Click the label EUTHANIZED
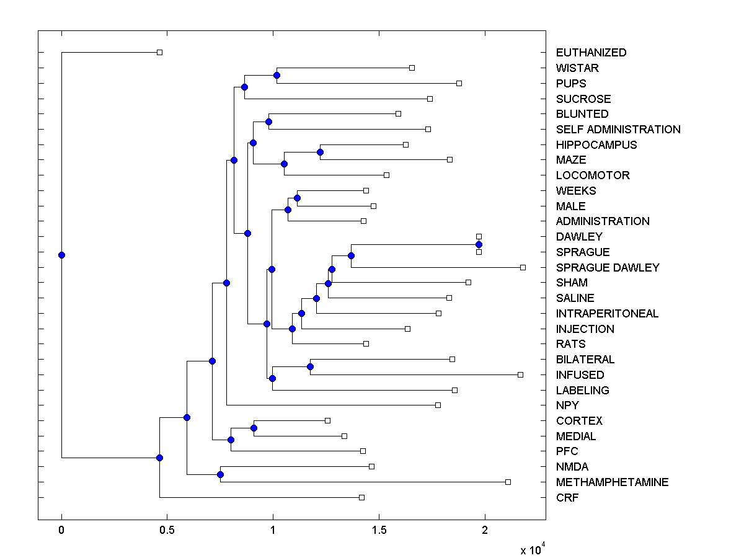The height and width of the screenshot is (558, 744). pos(591,53)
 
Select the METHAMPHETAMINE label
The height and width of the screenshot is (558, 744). pos(612,482)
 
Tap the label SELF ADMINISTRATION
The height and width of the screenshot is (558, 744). pos(618,130)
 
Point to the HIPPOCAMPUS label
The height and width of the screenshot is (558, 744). pos(596,145)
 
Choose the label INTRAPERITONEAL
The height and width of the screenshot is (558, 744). pos(607,314)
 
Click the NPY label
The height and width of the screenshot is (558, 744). pos(567,405)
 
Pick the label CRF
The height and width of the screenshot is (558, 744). pos(567,498)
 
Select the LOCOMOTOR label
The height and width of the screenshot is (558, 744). pos(593,175)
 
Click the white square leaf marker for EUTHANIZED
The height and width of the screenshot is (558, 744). pos(159,53)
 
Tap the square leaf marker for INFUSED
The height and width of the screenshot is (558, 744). pos(520,374)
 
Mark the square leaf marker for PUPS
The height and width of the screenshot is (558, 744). pos(459,83)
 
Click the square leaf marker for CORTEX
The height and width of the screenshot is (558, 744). pos(327,420)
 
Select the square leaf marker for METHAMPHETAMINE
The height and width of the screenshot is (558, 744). pos(508,482)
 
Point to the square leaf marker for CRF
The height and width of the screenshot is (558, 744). pos(361,497)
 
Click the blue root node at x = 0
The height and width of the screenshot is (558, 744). pos(61,255)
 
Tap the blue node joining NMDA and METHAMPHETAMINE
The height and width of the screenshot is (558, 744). pos(220,474)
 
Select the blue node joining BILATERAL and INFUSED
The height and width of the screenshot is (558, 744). pos(310,367)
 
